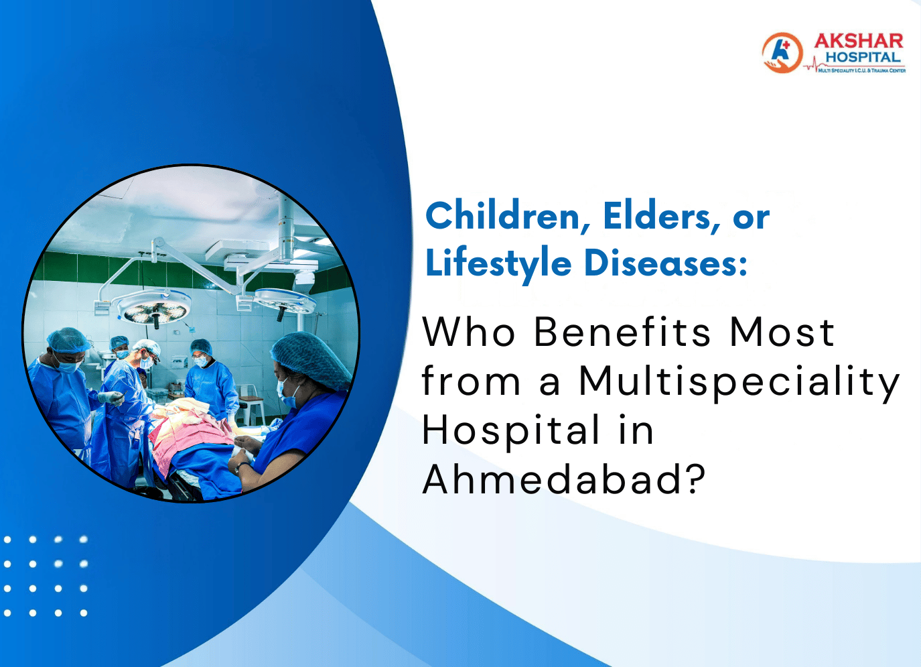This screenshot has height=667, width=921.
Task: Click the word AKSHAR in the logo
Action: pos(858,41)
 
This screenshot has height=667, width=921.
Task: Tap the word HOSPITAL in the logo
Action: pos(863,58)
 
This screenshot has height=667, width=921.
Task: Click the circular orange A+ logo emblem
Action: pos(782,52)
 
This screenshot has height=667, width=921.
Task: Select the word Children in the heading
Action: pos(503,217)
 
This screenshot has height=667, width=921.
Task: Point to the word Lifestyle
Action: pos(498,263)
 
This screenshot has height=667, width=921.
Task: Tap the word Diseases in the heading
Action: pos(665,263)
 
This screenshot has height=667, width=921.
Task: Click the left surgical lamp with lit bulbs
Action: pos(153,310)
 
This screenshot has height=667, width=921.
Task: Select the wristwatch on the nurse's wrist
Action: pos(239,466)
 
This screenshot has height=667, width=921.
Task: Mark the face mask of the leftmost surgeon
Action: pos(68,365)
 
